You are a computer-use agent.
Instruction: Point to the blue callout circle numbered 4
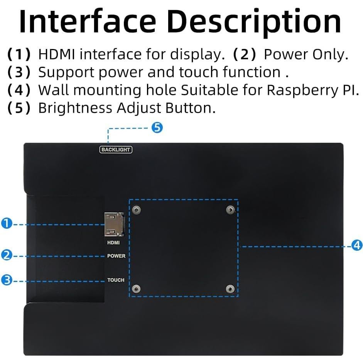tap(357, 245)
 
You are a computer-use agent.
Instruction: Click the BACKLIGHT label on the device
tap(116, 150)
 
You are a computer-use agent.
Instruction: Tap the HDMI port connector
tap(114, 224)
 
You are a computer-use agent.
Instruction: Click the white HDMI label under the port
tap(113, 243)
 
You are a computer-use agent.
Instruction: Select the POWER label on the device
tap(116, 256)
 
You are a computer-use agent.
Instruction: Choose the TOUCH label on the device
tap(116, 280)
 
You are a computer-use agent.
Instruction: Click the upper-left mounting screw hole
tap(136, 210)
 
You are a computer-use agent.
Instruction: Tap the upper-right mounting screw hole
tap(230, 210)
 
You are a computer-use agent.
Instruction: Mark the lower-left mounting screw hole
tap(136, 289)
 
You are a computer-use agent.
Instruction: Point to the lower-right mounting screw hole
tap(230, 289)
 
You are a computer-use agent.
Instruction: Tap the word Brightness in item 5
tap(76, 108)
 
